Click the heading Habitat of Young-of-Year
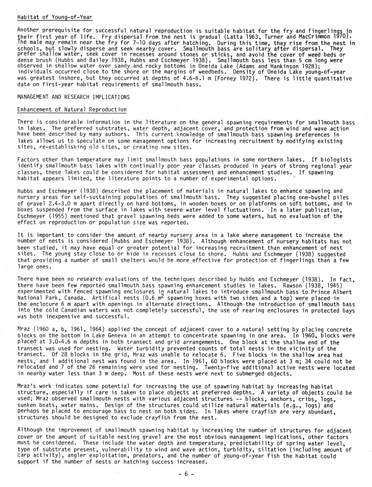click(x=55, y=17)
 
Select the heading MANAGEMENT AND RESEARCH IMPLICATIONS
click(x=73, y=97)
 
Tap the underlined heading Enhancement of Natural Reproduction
click(x=72, y=110)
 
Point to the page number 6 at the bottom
click(x=186, y=474)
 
